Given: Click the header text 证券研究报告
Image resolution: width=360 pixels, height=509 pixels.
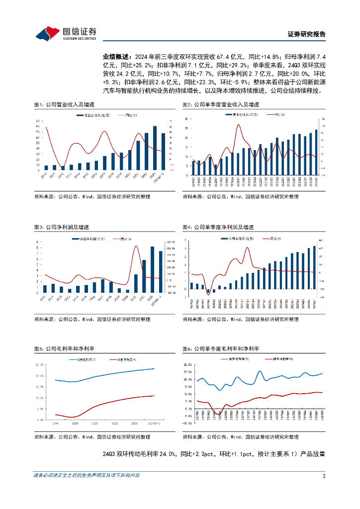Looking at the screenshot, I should pos(307,34).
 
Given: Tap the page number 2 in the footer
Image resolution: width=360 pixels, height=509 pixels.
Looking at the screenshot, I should pos(324,475).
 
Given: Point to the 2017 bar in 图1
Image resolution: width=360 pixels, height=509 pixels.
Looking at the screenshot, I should pos(104,163).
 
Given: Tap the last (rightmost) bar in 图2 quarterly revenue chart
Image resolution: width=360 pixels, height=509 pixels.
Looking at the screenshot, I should pos(316,151).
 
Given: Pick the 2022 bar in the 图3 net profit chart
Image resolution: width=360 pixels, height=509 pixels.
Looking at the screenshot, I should pos(144,276).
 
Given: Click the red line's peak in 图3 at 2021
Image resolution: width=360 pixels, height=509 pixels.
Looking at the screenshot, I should pos(136,247).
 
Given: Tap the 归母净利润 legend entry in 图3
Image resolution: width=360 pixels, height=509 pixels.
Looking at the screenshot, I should pos(90,239).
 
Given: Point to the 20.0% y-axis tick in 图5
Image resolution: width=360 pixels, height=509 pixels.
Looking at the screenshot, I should pos(40,376).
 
